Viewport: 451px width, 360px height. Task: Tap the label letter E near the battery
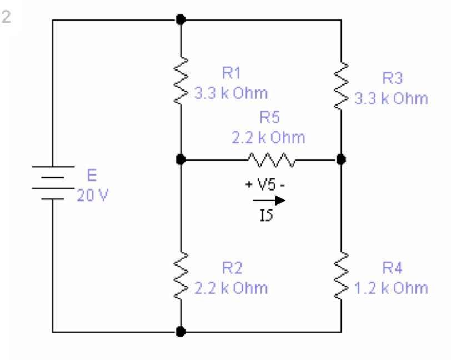tap(92, 177)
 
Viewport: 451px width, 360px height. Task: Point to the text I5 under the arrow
tap(266, 214)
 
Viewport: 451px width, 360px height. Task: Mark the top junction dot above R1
tap(180, 19)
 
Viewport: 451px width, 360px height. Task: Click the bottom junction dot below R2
tap(180, 332)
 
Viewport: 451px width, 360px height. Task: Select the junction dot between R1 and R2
tap(180, 159)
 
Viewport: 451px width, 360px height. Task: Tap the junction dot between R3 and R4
tap(341, 159)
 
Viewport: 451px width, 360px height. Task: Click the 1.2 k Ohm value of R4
tap(392, 288)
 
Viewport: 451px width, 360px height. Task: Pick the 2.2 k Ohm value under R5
tap(268, 137)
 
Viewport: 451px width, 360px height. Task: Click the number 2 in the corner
tap(7, 17)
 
